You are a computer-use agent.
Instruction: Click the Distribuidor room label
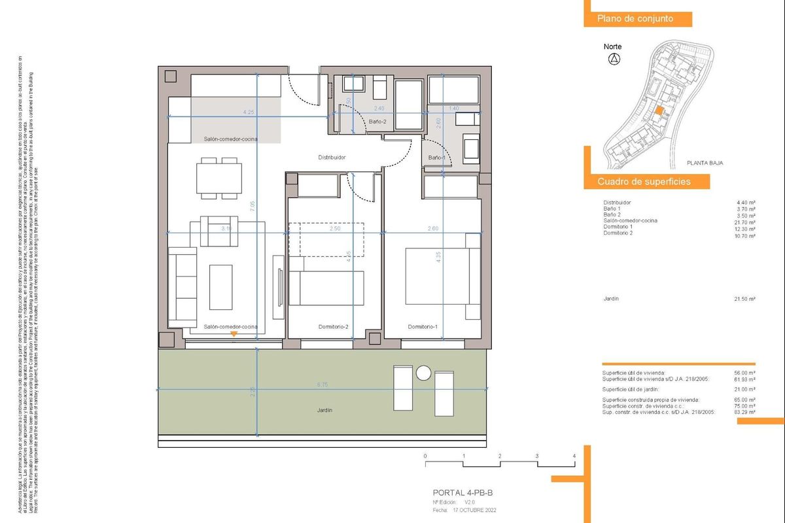pyautogui.click(x=332, y=158)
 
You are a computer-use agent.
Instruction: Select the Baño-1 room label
pyautogui.click(x=436, y=158)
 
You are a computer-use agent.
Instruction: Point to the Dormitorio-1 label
pyautogui.click(x=423, y=327)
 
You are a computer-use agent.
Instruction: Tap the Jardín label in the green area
pyautogui.click(x=324, y=410)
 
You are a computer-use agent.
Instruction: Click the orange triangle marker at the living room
pyautogui.click(x=234, y=335)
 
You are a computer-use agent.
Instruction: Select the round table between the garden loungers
pyautogui.click(x=423, y=373)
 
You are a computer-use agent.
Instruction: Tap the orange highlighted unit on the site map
pyautogui.click(x=660, y=112)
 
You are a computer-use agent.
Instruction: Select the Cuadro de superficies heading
pyautogui.click(x=644, y=182)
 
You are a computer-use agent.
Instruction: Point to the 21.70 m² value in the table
pyautogui.click(x=746, y=221)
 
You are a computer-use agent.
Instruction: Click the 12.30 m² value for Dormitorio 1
pyautogui.click(x=746, y=227)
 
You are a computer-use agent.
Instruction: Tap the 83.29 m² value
pyautogui.click(x=746, y=413)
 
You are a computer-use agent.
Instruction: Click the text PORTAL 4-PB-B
pyautogui.click(x=467, y=493)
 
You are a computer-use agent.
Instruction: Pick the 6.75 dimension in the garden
pyautogui.click(x=322, y=386)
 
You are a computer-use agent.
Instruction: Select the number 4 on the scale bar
pyautogui.click(x=574, y=456)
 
